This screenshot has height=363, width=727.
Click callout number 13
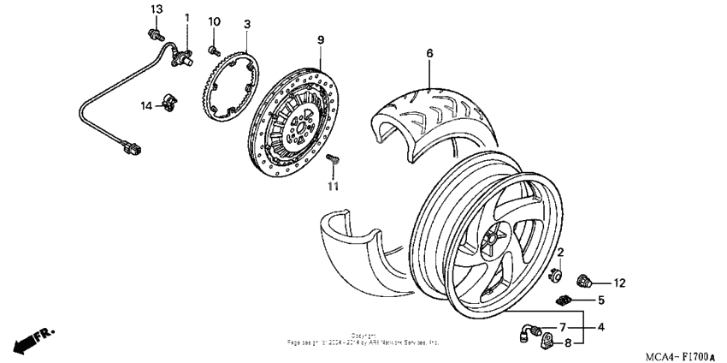click(x=156, y=9)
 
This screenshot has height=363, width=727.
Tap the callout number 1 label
click(x=187, y=17)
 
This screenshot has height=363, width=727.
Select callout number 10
click(x=215, y=21)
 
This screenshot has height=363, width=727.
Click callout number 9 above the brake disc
click(x=321, y=40)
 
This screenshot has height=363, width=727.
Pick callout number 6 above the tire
click(x=429, y=53)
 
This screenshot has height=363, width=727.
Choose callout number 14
click(x=146, y=105)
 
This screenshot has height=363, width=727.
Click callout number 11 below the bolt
click(x=334, y=185)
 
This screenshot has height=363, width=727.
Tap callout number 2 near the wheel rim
click(x=560, y=252)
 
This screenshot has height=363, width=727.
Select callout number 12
click(x=619, y=283)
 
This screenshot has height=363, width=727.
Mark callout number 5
click(x=601, y=301)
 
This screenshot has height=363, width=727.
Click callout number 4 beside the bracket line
click(x=601, y=326)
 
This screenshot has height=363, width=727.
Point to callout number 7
click(x=563, y=327)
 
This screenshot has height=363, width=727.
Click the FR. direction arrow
click(x=31, y=338)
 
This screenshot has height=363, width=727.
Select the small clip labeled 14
click(x=170, y=104)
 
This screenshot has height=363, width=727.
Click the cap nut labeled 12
click(x=586, y=279)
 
